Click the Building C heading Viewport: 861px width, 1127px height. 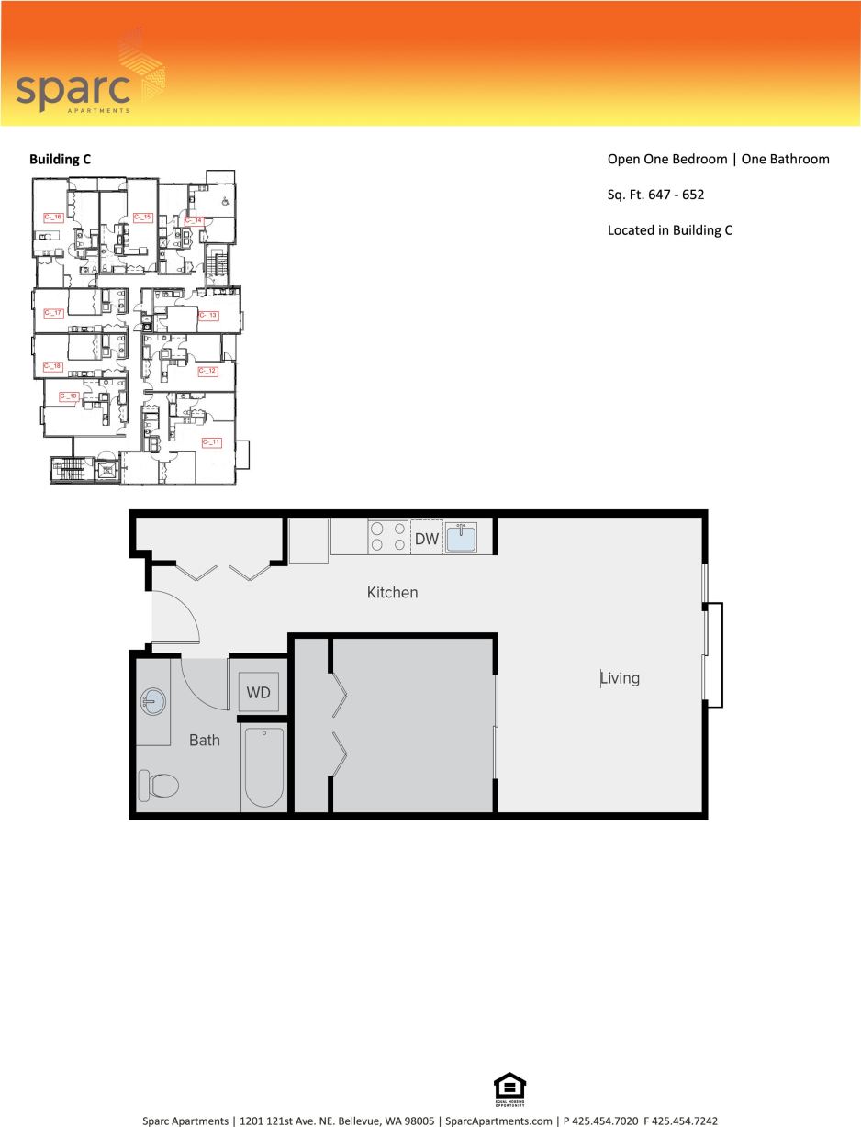[x=60, y=159]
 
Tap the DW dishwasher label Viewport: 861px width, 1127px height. [x=427, y=539]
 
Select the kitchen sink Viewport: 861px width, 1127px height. [x=462, y=537]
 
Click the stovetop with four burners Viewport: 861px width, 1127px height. [x=388, y=536]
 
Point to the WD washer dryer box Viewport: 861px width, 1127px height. [x=258, y=693]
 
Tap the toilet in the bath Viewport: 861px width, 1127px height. [x=158, y=786]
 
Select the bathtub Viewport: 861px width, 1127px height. [x=264, y=767]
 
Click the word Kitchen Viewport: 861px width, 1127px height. [x=392, y=593]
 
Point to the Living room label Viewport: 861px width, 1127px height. [x=620, y=678]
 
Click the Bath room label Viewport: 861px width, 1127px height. [x=204, y=740]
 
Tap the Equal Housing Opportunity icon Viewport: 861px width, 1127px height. [x=510, y=1089]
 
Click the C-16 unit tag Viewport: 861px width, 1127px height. [x=53, y=218]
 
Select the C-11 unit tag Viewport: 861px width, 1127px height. [x=210, y=442]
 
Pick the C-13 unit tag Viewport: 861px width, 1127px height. [x=208, y=316]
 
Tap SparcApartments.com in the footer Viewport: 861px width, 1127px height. [x=498, y=1121]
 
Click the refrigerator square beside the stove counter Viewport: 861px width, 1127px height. [x=308, y=540]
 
